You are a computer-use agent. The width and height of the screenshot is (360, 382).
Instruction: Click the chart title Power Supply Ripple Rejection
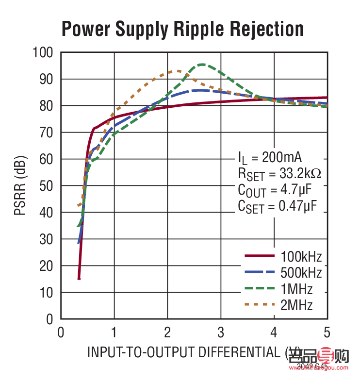click(x=182, y=29)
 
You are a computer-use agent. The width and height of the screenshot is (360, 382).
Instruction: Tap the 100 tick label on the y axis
click(x=44, y=52)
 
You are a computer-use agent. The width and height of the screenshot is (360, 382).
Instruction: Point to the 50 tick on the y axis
click(x=48, y=186)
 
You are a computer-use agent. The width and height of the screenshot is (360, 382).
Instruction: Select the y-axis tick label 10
click(x=48, y=293)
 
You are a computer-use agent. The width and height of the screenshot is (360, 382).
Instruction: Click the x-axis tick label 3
click(x=221, y=332)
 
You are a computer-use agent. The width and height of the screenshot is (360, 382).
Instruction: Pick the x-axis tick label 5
click(x=327, y=332)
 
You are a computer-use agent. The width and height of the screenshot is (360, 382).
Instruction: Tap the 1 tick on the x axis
click(x=115, y=332)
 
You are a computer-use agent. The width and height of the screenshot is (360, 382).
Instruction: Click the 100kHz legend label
click(x=301, y=256)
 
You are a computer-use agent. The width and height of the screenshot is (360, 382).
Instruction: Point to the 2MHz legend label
click(x=296, y=305)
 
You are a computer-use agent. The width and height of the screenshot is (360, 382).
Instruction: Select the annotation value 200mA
click(x=282, y=158)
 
